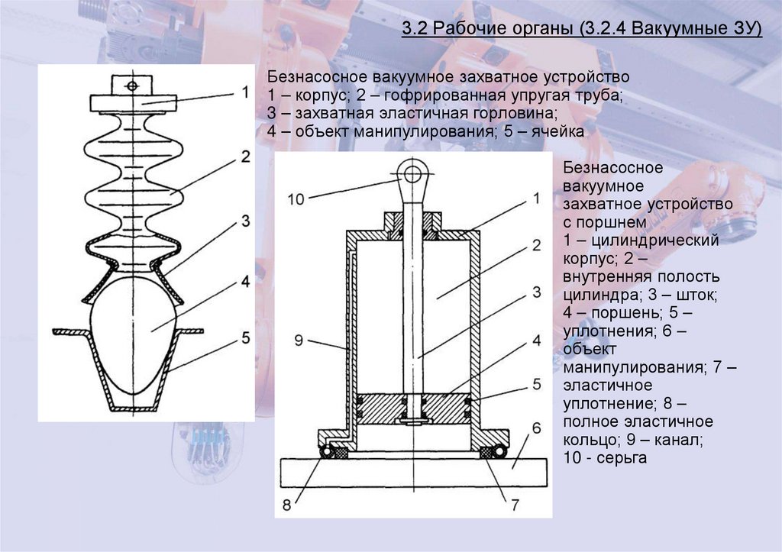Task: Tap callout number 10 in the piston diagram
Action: coord(296,199)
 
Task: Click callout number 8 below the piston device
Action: coord(286,505)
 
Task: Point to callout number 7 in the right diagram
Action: coord(515,505)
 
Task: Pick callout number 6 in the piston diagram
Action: coord(537,427)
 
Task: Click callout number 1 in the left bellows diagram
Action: coord(245,92)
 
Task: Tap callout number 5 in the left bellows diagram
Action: coord(245,336)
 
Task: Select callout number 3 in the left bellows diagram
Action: coord(245,221)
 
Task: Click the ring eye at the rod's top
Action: coord(413,173)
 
